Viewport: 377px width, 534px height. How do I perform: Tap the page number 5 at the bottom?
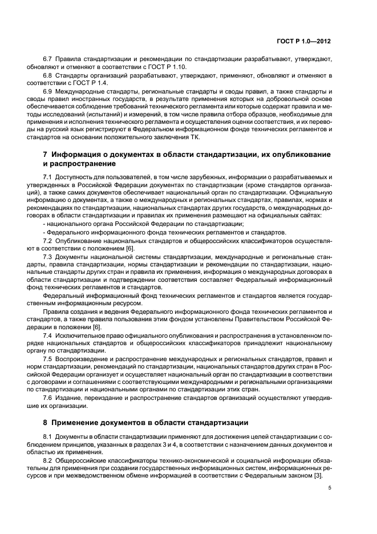[329, 488]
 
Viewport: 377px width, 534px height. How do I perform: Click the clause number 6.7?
[48, 59]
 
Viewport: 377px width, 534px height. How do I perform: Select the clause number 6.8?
[48, 75]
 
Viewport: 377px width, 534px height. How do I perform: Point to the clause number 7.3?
[48, 257]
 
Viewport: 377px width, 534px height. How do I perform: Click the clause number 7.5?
[48, 358]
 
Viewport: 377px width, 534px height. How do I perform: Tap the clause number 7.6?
[48, 398]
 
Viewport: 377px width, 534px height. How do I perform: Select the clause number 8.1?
[48, 436]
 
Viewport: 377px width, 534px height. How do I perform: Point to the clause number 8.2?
[48, 460]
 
